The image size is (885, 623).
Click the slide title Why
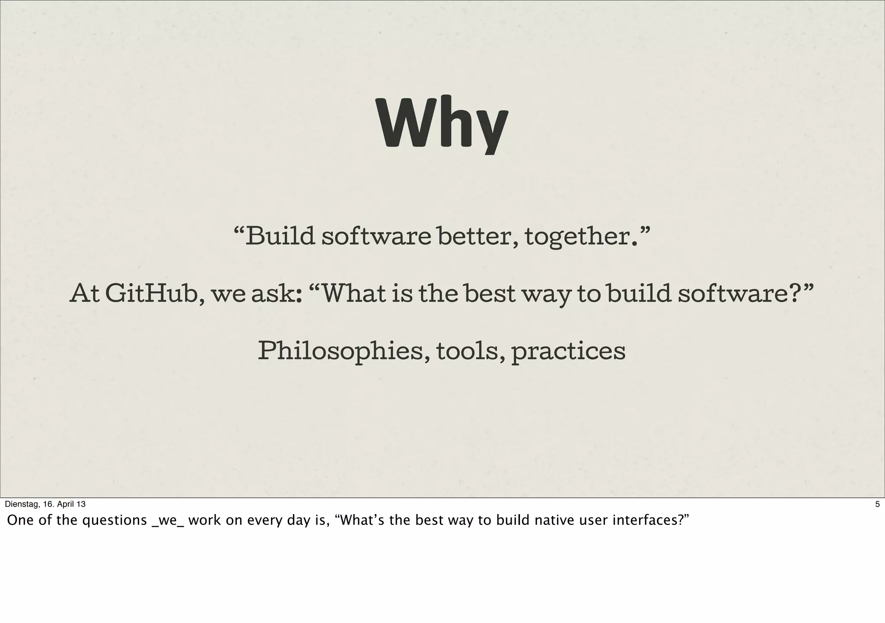click(x=442, y=124)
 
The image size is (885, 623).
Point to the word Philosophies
click(x=341, y=351)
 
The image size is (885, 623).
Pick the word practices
click(x=568, y=352)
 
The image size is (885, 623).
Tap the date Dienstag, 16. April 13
click(x=45, y=504)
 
